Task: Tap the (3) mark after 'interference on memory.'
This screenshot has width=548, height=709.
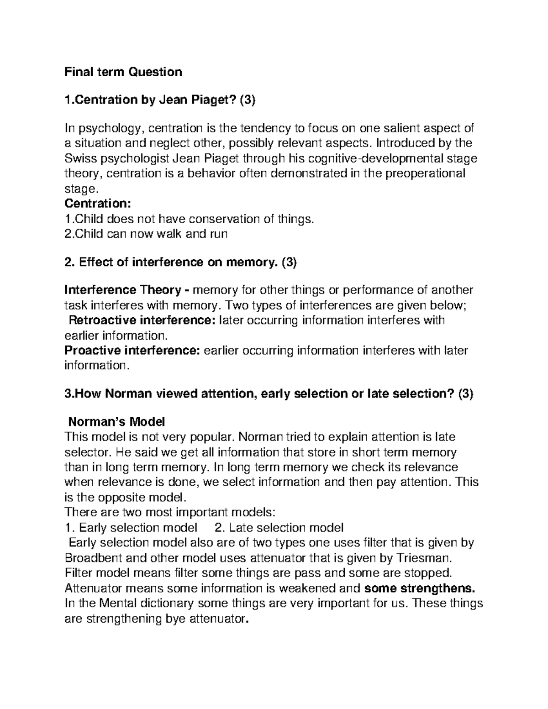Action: [x=289, y=262]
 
